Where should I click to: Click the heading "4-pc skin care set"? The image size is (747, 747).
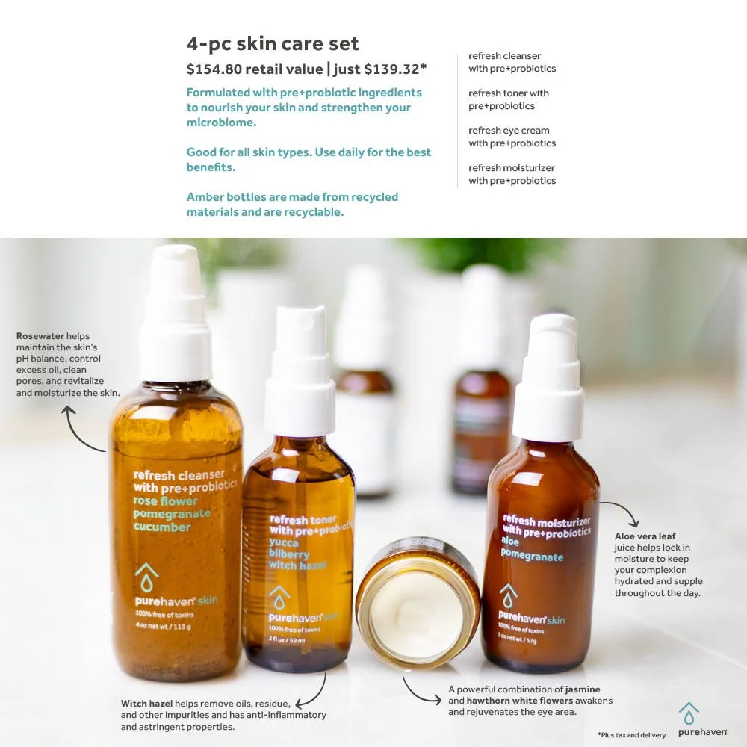[x=273, y=43]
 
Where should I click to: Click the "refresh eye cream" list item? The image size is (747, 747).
[x=509, y=131]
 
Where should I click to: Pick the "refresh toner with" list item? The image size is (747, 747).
[x=509, y=93]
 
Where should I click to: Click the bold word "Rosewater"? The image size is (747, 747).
[x=40, y=336]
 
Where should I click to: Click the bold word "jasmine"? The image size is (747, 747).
[x=583, y=689]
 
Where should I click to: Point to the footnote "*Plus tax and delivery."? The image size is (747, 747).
[x=631, y=735]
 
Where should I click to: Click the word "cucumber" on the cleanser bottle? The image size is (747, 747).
[x=162, y=527]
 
